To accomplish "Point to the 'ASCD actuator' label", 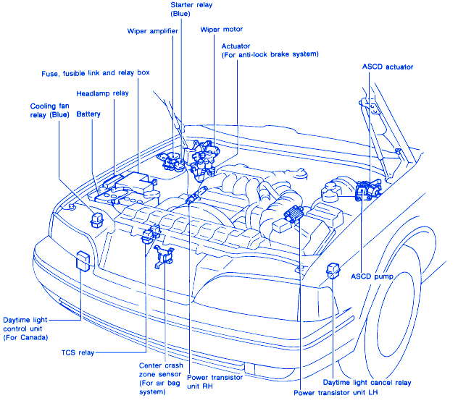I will (387, 67).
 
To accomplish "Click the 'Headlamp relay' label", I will (102, 93).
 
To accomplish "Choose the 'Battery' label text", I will (88, 114).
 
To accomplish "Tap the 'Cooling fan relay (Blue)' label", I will (49, 110).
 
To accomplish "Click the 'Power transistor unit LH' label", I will (337, 393).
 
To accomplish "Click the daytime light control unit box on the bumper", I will (83, 260).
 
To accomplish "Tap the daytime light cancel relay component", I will (334, 270).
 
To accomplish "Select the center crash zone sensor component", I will (165, 255).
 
